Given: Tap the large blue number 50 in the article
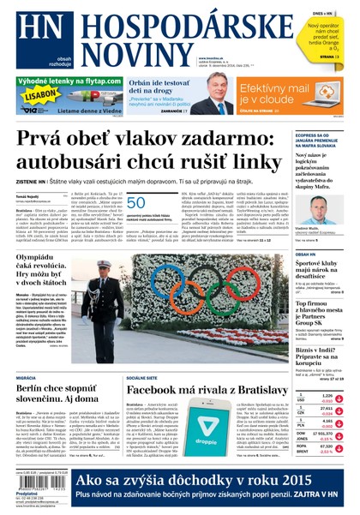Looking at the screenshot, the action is (135, 203).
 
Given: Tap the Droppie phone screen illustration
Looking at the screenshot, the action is (219, 419).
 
